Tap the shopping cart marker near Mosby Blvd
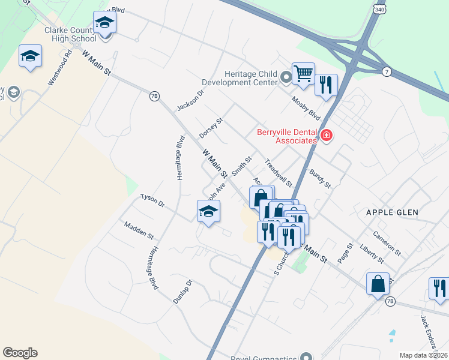click(303, 74)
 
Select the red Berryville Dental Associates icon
click(327, 136)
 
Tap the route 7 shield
click(387, 72)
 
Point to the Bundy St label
click(320, 179)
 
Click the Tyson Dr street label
click(152, 200)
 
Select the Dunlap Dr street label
click(182, 292)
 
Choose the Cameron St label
click(385, 241)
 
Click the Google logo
click(20, 353)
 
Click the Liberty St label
click(372, 253)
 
